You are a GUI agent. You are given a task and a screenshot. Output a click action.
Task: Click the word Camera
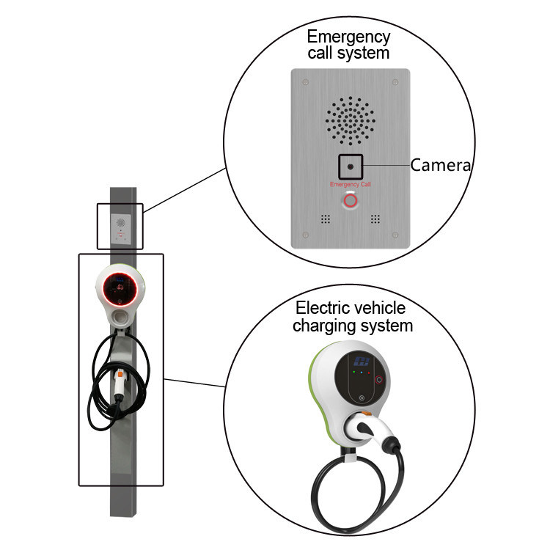point(440,165)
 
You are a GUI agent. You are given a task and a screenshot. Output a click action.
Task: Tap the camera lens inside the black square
point(351,166)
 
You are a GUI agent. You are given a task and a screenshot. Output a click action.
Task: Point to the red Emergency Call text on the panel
point(351,184)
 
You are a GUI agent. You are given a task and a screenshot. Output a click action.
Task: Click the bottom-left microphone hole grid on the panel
point(325,219)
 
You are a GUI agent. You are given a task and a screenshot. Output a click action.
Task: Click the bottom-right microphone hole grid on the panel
point(376,219)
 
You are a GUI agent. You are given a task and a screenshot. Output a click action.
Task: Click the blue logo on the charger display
point(359,359)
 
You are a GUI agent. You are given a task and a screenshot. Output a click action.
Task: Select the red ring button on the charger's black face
point(379,380)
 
